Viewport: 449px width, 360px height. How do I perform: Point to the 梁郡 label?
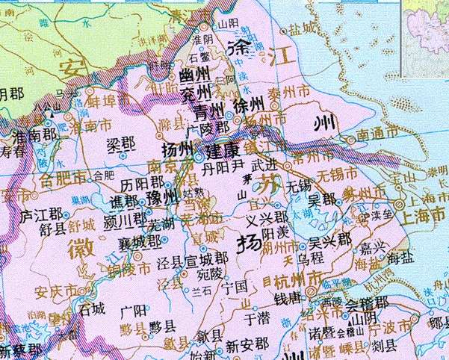(121, 143)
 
